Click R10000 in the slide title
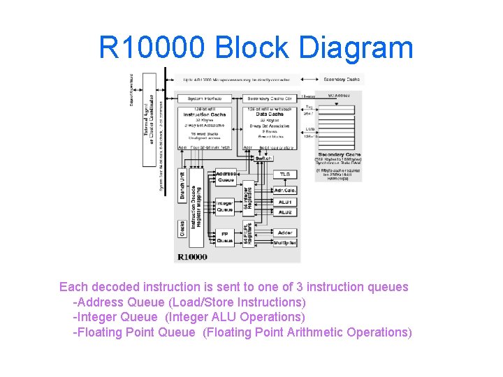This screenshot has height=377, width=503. click(152, 48)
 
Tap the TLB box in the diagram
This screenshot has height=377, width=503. click(285, 174)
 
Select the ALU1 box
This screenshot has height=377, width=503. click(285, 202)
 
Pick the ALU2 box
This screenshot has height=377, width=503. click(285, 212)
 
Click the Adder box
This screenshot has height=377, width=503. click(285, 232)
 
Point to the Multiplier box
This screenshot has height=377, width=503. click(285, 242)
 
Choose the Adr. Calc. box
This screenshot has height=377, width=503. click(285, 190)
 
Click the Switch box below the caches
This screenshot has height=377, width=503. click(263, 158)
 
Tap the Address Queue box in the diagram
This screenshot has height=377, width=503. click(226, 177)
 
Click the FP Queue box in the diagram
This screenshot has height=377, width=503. click(225, 237)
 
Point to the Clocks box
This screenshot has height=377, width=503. click(182, 229)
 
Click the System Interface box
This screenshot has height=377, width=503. click(203, 98)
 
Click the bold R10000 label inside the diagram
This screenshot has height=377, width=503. click(192, 257)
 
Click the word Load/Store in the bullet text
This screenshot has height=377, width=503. click(210, 302)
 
